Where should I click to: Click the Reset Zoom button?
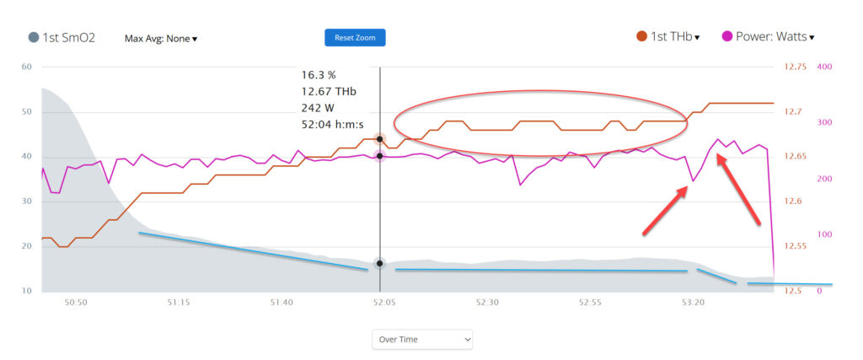point(355,37)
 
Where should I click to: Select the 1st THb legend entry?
point(668,37)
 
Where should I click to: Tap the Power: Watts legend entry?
point(769,37)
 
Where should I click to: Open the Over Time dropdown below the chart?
point(422,339)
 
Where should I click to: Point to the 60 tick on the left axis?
point(26,67)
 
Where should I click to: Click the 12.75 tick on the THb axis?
point(796,67)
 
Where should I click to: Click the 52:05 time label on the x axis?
point(383,302)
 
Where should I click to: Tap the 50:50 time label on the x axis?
point(75,302)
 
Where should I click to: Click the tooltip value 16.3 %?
point(318,74)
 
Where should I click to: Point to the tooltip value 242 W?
point(318,107)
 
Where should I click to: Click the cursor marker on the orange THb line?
point(380,139)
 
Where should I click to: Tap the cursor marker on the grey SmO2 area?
point(380,264)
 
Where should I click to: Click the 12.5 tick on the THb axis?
point(793,291)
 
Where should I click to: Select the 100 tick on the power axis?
point(824,234)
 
